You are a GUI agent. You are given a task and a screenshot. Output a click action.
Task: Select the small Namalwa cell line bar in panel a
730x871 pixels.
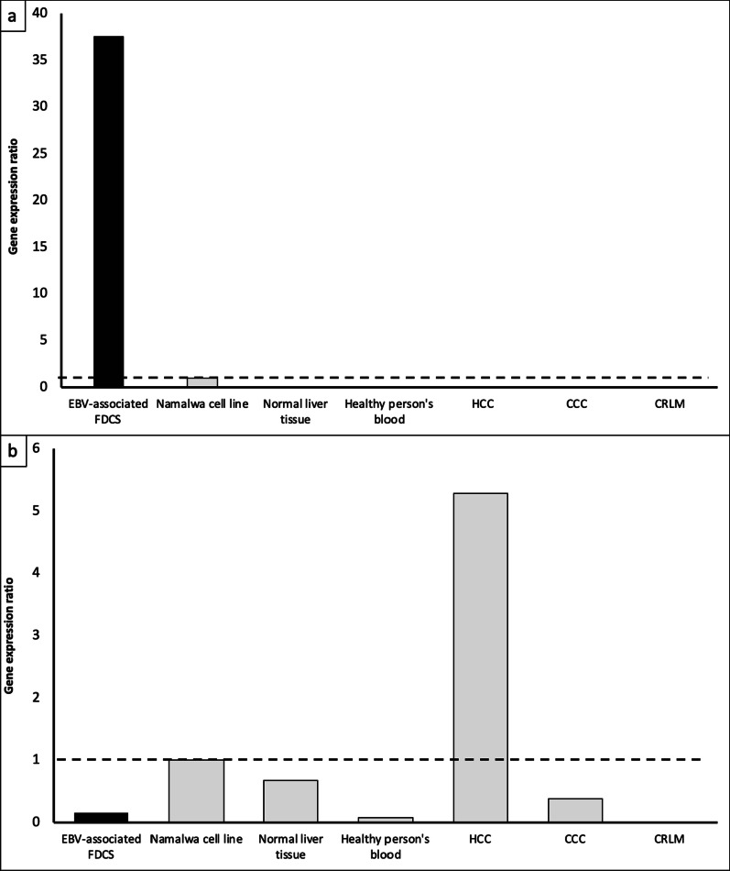[x=202, y=381]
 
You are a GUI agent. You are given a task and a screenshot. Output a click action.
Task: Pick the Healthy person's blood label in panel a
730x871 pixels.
[x=384, y=410]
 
